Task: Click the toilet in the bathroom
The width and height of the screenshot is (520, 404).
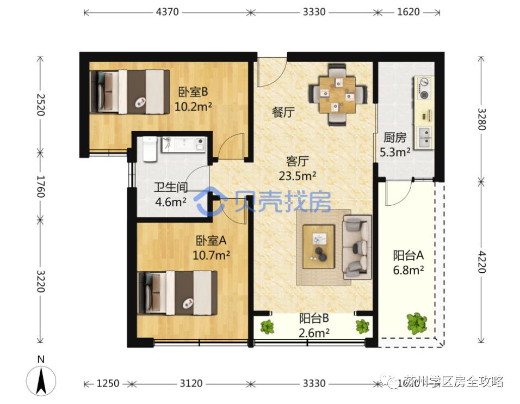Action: (x=150, y=149)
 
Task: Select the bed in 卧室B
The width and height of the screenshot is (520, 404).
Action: (x=129, y=91)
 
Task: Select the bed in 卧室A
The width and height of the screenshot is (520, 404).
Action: (x=177, y=292)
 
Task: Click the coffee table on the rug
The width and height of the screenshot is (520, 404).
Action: (x=319, y=246)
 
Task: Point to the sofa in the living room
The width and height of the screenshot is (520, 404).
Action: (x=356, y=247)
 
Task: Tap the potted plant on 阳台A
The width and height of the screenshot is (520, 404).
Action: (x=416, y=323)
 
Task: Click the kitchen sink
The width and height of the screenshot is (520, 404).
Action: (x=424, y=137)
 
